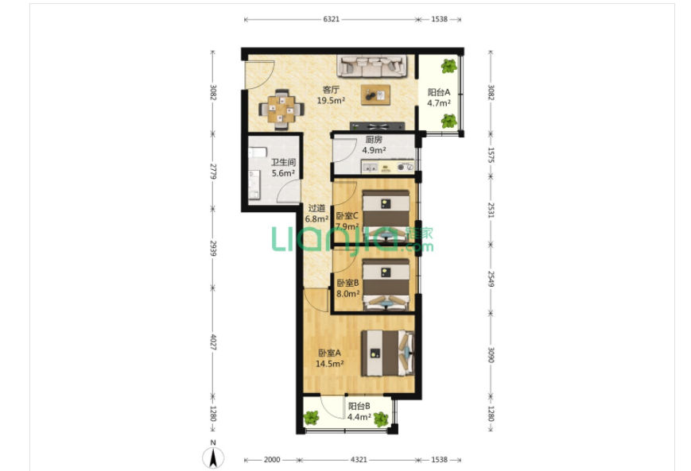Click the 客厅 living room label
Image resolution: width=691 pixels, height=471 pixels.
point(331,90)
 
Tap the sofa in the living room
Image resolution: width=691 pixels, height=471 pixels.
point(373,66)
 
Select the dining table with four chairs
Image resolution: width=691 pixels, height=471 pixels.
point(281,110)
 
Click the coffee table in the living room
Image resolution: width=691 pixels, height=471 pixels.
point(375,95)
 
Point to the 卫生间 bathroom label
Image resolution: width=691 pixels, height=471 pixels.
point(283,162)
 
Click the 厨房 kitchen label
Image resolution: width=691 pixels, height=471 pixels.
point(374,140)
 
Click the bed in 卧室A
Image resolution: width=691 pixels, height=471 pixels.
point(388,353)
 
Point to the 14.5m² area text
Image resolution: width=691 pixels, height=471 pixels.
point(329,364)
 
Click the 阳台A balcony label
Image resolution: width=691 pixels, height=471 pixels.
point(438,92)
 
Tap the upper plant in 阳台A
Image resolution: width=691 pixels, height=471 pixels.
point(448,66)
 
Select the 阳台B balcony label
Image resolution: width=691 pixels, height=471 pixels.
point(359,406)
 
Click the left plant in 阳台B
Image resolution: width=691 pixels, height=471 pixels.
point(311,418)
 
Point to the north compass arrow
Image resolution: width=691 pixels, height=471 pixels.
point(213,457)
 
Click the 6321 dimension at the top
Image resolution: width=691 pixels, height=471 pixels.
point(331,19)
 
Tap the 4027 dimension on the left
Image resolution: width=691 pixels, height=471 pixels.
point(213,342)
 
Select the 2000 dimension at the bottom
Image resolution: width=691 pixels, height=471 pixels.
point(271,460)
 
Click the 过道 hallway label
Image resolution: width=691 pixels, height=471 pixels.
point(316,208)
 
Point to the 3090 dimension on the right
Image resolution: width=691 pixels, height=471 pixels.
point(491,355)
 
